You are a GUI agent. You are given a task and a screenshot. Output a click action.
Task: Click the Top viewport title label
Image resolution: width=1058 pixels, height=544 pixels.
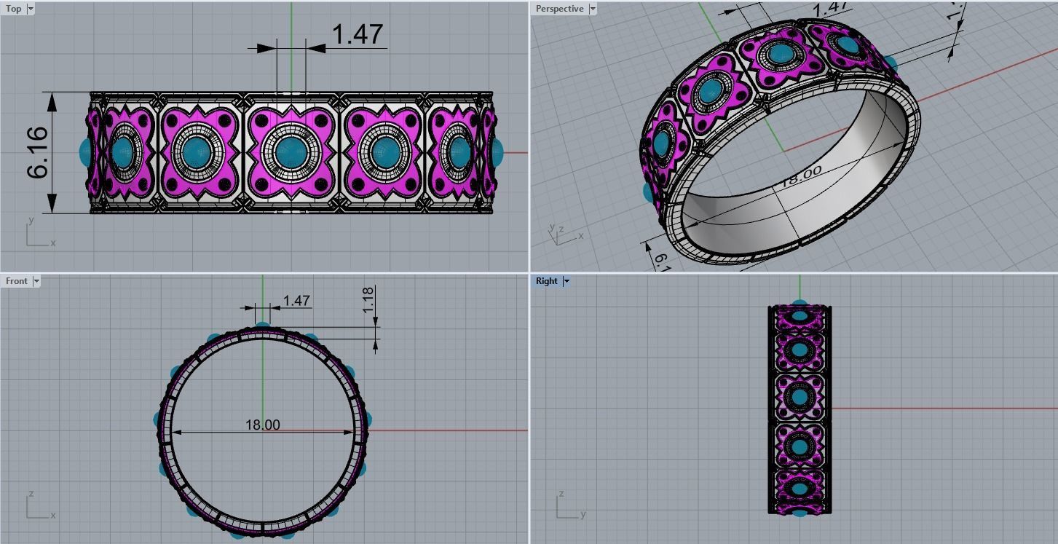tap(13, 9)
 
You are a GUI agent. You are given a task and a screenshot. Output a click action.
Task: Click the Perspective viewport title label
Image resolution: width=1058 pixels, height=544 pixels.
tap(559, 9)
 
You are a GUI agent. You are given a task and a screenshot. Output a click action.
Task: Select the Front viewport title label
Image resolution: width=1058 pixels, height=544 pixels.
tap(16, 281)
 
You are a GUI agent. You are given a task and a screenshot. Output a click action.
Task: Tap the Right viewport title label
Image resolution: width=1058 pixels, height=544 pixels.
tap(546, 281)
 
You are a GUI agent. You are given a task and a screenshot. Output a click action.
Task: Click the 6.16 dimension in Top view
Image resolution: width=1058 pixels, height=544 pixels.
tap(38, 153)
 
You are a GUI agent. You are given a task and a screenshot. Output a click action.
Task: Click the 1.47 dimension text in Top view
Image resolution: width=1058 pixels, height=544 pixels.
tap(357, 34)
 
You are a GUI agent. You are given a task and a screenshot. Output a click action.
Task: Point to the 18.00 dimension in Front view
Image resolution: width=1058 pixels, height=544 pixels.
tap(262, 425)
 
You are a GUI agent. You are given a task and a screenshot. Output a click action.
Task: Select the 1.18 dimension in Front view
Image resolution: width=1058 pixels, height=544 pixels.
tap(368, 299)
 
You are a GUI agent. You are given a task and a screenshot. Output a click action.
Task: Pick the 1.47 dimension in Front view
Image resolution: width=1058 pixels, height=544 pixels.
tap(296, 300)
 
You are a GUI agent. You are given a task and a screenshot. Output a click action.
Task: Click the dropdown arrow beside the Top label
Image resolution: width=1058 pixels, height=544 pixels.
tap(30, 9)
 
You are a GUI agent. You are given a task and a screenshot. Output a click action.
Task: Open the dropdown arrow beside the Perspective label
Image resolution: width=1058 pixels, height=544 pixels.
tap(592, 9)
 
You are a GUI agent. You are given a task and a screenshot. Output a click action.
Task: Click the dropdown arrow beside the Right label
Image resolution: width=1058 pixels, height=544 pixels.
tap(566, 281)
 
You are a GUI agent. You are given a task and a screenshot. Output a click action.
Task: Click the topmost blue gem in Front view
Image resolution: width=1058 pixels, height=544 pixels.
tap(262, 325)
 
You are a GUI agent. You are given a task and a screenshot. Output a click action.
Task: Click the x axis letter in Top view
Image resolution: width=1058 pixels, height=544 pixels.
tap(53, 243)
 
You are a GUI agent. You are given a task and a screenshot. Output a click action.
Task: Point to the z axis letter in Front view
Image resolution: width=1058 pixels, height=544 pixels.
tap(31, 494)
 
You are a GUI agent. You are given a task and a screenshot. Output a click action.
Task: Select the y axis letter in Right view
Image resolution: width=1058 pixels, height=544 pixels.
tap(583, 515)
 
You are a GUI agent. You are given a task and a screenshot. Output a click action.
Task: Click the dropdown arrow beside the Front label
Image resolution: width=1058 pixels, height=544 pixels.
tap(36, 281)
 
